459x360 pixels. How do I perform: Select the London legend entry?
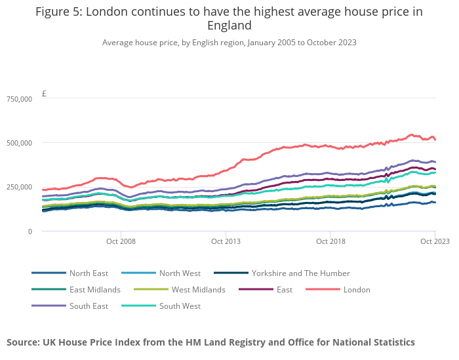[x=357, y=290]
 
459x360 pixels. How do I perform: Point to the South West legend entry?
[x=179, y=306]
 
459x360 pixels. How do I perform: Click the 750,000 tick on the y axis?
[x=19, y=99]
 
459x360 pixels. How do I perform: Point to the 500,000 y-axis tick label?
[x=19, y=143]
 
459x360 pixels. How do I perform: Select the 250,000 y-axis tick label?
[x=19, y=188]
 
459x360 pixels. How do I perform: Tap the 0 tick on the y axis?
[x=30, y=231]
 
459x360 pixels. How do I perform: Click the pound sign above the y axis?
[x=44, y=94]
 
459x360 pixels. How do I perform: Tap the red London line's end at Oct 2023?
[x=435, y=140]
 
